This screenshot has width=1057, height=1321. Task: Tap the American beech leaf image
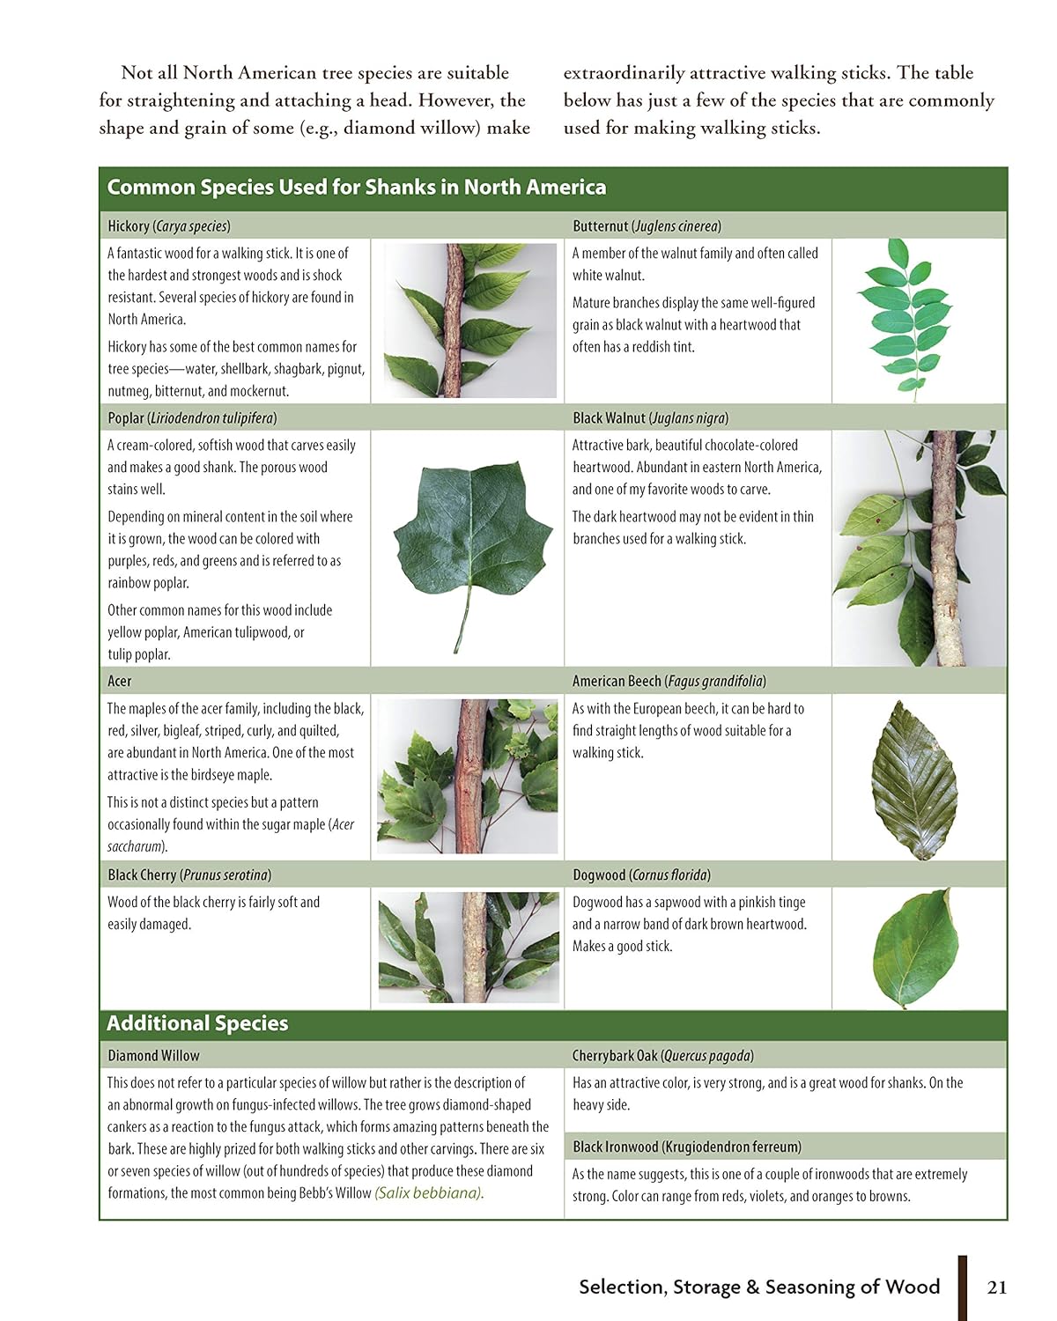pos(914,779)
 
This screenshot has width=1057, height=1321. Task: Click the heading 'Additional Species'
pos(197,1023)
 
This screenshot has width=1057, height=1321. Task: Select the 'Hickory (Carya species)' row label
pos(169,226)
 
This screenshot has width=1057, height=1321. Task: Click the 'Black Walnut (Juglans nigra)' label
pos(650,418)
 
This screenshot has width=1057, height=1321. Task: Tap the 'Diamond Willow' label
pos(153,1055)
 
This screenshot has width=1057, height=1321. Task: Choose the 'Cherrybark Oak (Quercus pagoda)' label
pos(662,1055)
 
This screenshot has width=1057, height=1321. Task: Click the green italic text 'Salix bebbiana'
pos(428,1192)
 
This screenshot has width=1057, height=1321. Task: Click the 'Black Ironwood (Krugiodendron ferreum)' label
pos(687,1147)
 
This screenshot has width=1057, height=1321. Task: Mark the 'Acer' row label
pos(119,682)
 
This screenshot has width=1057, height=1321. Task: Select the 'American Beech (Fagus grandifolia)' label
pos(669,682)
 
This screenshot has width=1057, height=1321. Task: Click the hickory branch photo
pos(469,320)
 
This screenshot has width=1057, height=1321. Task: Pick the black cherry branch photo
pos(469,948)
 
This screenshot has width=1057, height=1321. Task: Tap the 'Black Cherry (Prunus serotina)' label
pos(189,875)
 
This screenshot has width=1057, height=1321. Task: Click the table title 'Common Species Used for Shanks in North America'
pos(356,188)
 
